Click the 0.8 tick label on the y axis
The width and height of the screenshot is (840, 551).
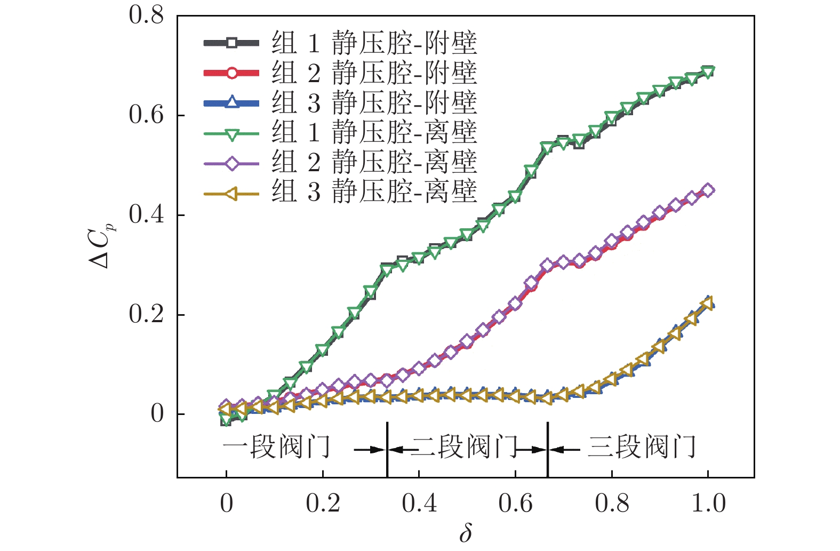[147, 15]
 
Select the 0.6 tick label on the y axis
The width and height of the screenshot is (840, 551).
[147, 115]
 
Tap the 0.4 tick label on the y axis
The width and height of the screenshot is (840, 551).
[147, 215]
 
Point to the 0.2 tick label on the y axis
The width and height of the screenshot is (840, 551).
[147, 314]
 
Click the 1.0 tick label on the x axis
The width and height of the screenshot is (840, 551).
[708, 503]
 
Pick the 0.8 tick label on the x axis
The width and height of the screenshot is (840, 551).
[612, 503]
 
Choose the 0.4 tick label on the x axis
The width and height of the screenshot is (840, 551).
[419, 503]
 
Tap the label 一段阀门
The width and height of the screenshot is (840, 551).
[276, 447]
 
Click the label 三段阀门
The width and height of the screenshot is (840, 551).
[642, 447]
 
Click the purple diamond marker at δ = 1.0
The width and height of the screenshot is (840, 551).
[708, 190]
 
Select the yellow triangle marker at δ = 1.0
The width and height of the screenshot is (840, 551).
[707, 304]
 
